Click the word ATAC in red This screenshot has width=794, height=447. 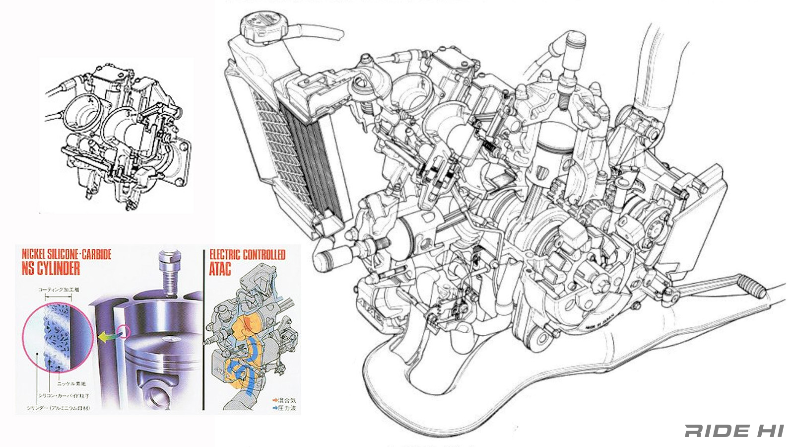point(220,269)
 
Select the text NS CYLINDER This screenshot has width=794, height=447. point(51,269)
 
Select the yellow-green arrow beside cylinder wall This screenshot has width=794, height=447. point(105,337)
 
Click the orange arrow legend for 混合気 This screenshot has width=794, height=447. point(274,400)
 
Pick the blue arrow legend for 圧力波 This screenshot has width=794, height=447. point(274,408)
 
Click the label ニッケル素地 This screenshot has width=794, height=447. point(71,383)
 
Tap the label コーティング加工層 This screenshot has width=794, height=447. point(59,290)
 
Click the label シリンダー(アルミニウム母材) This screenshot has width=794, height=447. point(59,408)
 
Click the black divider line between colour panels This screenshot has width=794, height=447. point(203,330)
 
